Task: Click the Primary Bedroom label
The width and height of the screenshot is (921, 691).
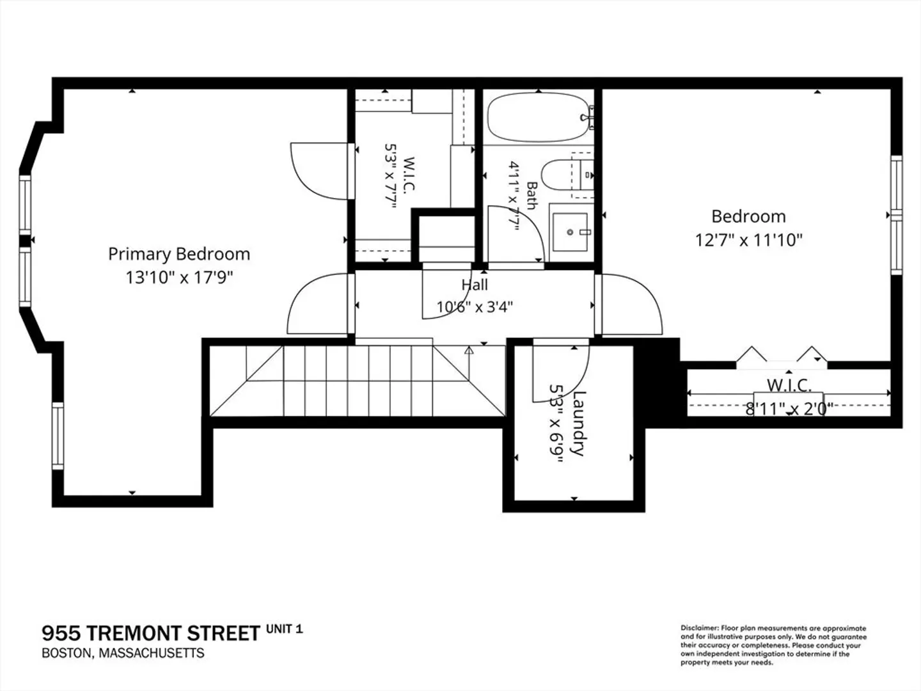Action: pyautogui.click(x=179, y=254)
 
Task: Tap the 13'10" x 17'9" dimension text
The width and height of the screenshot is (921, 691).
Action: pyautogui.click(x=179, y=277)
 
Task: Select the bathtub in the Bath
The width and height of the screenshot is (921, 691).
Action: pyautogui.click(x=539, y=117)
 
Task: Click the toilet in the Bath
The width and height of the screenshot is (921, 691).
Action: pyautogui.click(x=562, y=175)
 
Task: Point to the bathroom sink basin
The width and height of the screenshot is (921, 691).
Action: pyautogui.click(x=570, y=232)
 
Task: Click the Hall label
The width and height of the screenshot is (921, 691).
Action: pyautogui.click(x=475, y=285)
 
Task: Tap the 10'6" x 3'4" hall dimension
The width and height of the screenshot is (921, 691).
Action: pyautogui.click(x=475, y=307)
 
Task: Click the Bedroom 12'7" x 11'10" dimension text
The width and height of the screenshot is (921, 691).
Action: pyautogui.click(x=749, y=241)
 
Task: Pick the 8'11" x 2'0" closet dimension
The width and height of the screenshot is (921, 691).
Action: pyautogui.click(x=789, y=408)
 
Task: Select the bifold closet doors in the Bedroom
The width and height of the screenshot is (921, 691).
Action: pyautogui.click(x=782, y=358)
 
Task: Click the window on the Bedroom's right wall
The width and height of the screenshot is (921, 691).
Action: pyautogui.click(x=896, y=215)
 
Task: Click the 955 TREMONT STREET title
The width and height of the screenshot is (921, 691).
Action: pyautogui.click(x=151, y=633)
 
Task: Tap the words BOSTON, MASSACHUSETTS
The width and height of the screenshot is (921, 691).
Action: pyautogui.click(x=123, y=653)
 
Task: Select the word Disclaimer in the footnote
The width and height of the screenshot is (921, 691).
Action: pyautogui.click(x=699, y=628)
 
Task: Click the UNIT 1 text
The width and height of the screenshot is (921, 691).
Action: pyautogui.click(x=284, y=629)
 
